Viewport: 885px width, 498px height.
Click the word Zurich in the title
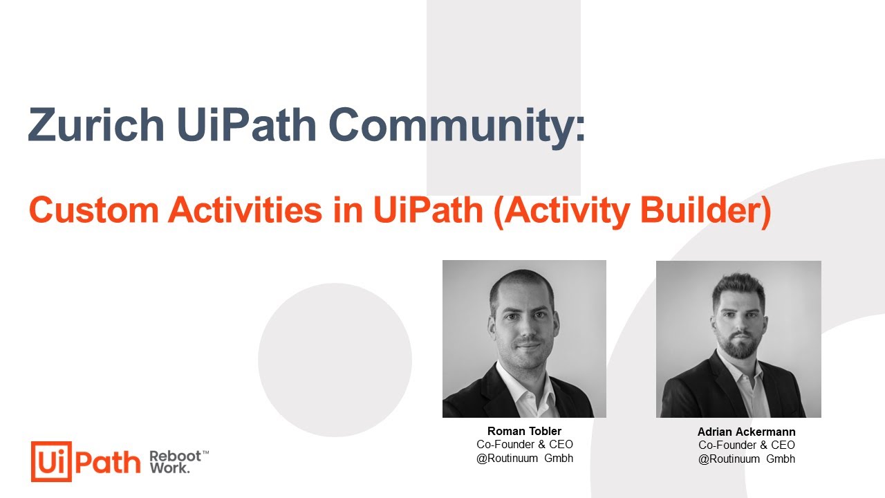[x=96, y=124]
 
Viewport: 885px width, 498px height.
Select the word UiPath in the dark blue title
[x=247, y=124]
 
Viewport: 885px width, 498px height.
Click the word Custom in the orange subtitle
[x=94, y=210]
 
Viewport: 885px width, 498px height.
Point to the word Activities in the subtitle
[x=245, y=210]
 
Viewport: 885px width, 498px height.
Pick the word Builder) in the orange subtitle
[x=706, y=212]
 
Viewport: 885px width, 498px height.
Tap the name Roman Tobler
[x=524, y=431]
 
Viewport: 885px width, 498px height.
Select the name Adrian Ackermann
[x=746, y=432]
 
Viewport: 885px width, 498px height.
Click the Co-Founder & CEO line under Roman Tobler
[x=525, y=444]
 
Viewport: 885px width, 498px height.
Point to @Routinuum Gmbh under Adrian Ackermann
[x=746, y=459]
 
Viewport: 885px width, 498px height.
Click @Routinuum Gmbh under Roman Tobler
[x=525, y=458]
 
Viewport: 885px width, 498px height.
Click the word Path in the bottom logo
[x=107, y=462]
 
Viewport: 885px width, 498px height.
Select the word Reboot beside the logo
[x=175, y=456]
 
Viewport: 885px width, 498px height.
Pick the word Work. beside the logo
[x=169, y=468]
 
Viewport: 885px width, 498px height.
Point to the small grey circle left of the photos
[x=335, y=360]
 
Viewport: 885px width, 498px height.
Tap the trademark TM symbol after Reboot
[x=205, y=452]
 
